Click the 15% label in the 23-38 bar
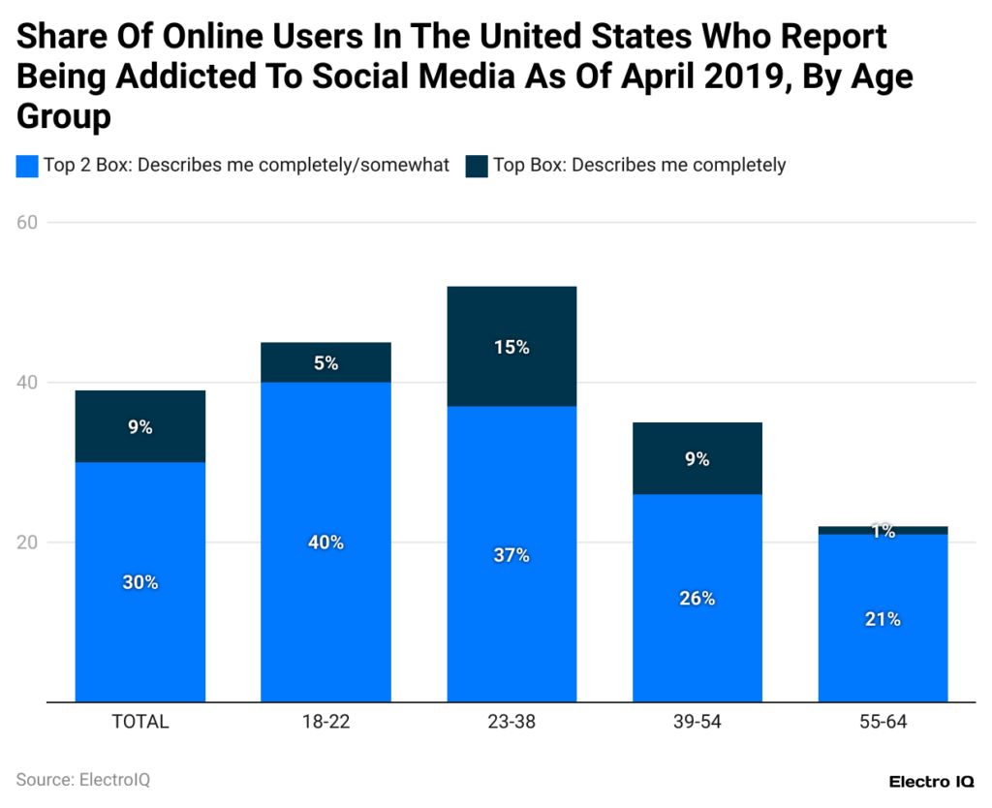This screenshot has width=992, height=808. pyautogui.click(x=511, y=347)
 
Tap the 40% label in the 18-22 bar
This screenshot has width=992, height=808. pyautogui.click(x=325, y=543)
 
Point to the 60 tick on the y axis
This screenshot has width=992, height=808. pyautogui.click(x=27, y=222)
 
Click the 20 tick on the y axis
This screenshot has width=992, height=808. pyautogui.click(x=27, y=543)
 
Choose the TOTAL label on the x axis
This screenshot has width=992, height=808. pyautogui.click(x=139, y=722)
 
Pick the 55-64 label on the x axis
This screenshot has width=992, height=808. pyautogui.click(x=883, y=722)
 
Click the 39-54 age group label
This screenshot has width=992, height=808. pyautogui.click(x=697, y=722)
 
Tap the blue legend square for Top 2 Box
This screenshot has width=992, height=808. pyautogui.click(x=27, y=166)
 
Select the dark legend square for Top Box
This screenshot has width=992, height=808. pyautogui.click(x=477, y=166)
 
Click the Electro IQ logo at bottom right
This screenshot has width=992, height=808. pyautogui.click(x=931, y=781)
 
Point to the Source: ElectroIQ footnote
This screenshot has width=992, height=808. pyautogui.click(x=83, y=780)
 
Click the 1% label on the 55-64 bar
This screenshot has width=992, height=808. pyautogui.click(x=883, y=531)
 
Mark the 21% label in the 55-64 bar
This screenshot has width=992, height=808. pyautogui.click(x=883, y=619)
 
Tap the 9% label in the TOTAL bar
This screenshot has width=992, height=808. pyautogui.click(x=139, y=426)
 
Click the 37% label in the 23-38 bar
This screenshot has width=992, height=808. pyautogui.click(x=511, y=555)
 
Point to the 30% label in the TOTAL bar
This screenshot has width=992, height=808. pyautogui.click(x=139, y=582)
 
